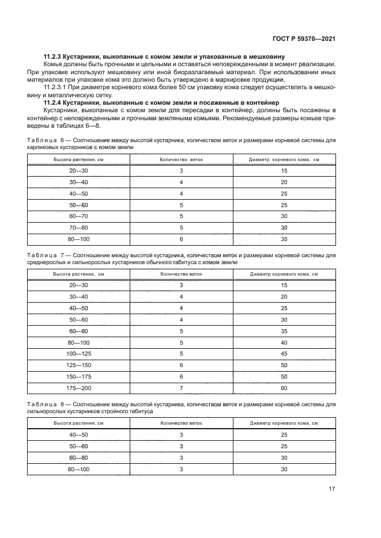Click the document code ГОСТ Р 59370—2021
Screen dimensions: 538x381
[x=305, y=38]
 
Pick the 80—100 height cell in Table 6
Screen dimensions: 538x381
[x=79, y=239]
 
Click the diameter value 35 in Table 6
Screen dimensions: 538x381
[x=283, y=239]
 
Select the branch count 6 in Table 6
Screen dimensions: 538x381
[x=180, y=239]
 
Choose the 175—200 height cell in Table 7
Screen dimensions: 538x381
[x=79, y=389]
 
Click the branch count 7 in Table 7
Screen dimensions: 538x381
[x=180, y=389]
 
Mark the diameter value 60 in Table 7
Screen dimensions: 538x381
[x=283, y=389]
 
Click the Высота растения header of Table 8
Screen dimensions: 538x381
[x=79, y=423]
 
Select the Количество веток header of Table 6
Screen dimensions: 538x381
[x=180, y=159]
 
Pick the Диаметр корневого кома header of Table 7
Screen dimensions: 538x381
[x=283, y=274]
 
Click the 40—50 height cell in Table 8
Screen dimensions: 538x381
[x=79, y=435]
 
